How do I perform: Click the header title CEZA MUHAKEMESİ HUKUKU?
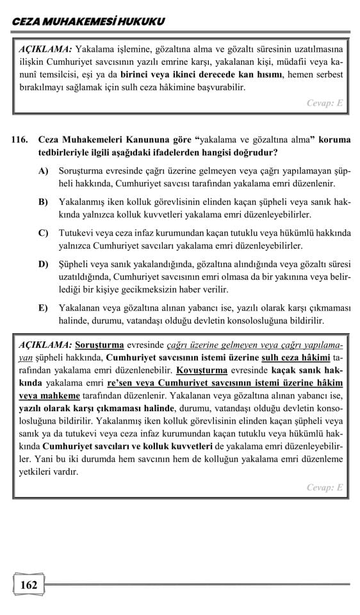[x=88, y=21]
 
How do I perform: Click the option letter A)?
[x=44, y=170]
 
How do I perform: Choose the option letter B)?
[x=44, y=202]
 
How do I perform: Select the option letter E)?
[x=44, y=307]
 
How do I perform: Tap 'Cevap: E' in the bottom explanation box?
[x=325, y=487]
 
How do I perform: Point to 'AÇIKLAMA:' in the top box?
[x=45, y=49]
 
